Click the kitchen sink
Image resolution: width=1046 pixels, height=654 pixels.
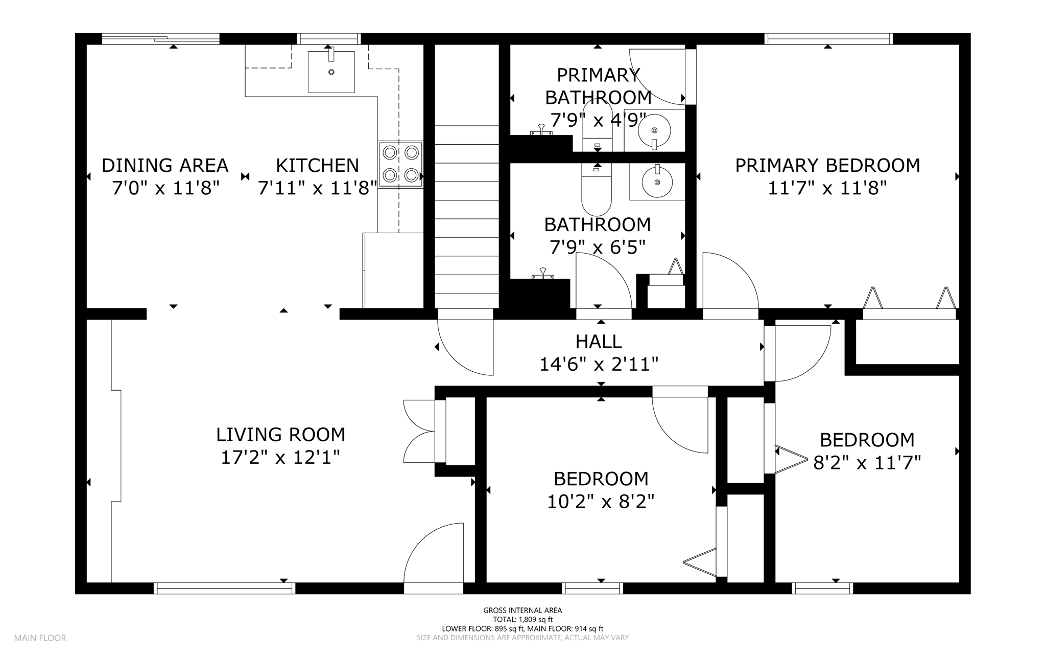click(x=331, y=72)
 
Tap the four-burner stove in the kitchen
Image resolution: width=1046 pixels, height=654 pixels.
click(x=401, y=164)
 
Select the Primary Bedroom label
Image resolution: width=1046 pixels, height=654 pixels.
click(x=827, y=165)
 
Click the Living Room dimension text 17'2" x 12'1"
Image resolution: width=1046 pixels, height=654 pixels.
click(x=280, y=457)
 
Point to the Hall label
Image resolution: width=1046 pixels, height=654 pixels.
click(x=599, y=341)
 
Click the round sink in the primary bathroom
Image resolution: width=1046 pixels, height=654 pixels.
click(x=654, y=130)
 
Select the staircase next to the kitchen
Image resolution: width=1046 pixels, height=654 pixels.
click(x=467, y=216)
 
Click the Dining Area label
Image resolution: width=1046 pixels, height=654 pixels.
click(x=165, y=165)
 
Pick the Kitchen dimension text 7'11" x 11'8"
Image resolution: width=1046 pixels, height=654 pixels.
click(x=317, y=188)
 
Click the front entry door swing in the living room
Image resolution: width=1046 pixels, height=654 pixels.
click(x=434, y=553)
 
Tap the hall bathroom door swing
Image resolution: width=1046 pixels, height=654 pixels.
click(x=604, y=281)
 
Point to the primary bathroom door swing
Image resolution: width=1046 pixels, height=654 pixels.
click(x=657, y=76)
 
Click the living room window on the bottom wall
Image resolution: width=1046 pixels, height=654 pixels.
click(x=225, y=588)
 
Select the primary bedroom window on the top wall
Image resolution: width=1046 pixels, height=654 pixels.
click(x=828, y=39)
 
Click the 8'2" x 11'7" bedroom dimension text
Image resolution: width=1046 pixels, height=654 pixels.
click(x=867, y=463)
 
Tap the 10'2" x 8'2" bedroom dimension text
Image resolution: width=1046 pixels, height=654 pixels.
click(x=601, y=502)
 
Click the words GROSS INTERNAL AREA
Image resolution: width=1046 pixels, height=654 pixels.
click(x=522, y=610)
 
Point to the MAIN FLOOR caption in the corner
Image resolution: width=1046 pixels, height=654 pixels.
click(x=40, y=638)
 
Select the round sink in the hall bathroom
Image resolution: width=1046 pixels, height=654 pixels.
click(x=657, y=181)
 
